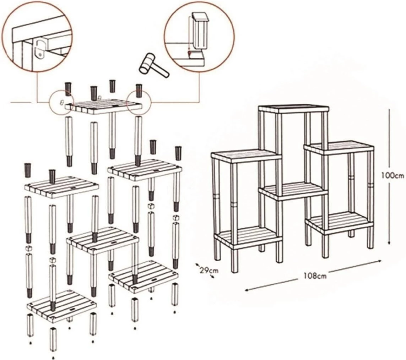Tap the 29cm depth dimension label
point(208,270)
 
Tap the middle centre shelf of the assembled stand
point(293,190)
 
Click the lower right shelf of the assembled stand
point(337,221)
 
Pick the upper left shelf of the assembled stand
point(245,155)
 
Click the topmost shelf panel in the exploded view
point(103,106)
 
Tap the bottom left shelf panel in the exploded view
point(62,306)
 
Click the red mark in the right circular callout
point(190,53)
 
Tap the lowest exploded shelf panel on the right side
point(144,275)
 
